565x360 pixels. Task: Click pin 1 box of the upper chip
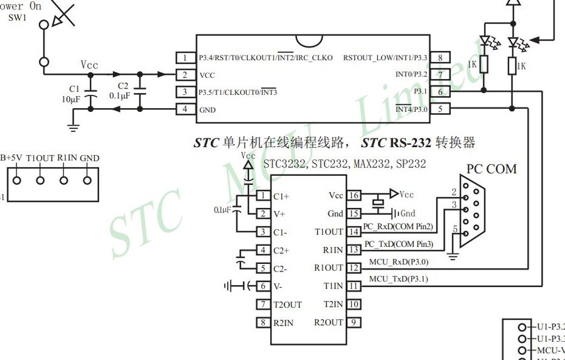click(x=185, y=58)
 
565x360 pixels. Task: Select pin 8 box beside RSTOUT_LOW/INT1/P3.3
click(x=441, y=58)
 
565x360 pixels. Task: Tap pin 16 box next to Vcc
click(x=354, y=195)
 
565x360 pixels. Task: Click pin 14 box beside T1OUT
click(x=354, y=232)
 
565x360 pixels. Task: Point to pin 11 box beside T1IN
click(x=354, y=286)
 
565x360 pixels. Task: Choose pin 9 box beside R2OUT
click(x=354, y=322)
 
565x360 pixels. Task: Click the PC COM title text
click(x=492, y=169)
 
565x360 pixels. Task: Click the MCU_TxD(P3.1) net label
click(x=398, y=279)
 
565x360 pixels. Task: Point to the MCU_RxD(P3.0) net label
click(x=398, y=261)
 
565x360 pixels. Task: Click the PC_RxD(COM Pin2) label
click(x=399, y=226)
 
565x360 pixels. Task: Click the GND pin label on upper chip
click(x=207, y=109)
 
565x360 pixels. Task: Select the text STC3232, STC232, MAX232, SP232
click(x=344, y=164)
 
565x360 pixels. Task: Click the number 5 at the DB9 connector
click(x=455, y=229)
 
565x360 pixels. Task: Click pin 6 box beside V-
click(x=262, y=286)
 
